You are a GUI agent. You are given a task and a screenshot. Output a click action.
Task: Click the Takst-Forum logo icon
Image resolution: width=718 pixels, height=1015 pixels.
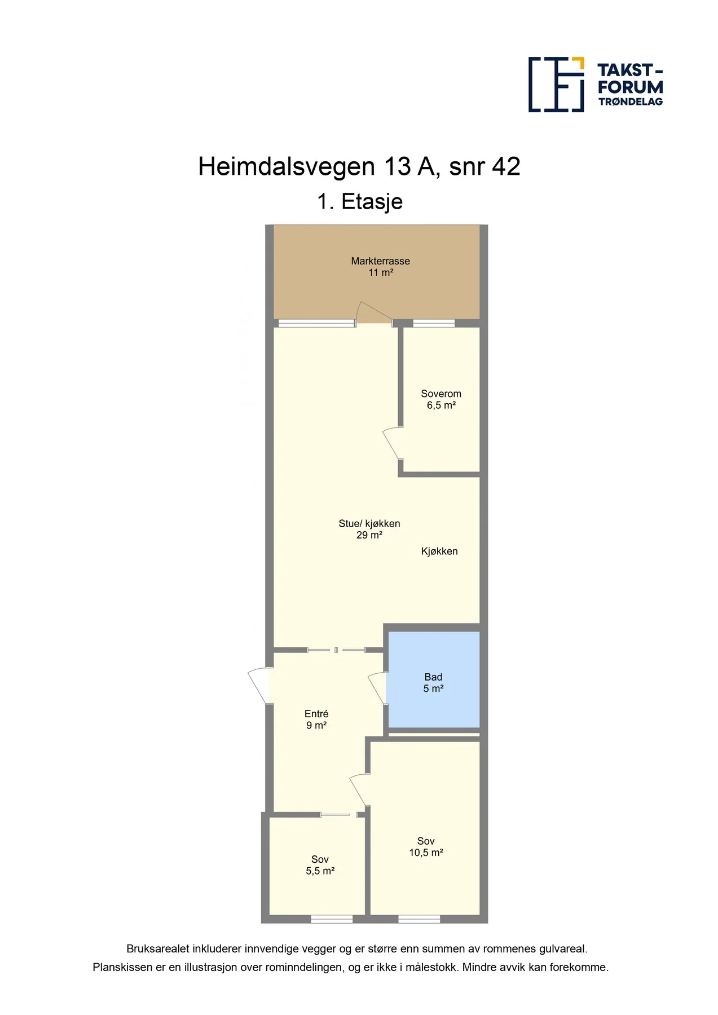[556, 84]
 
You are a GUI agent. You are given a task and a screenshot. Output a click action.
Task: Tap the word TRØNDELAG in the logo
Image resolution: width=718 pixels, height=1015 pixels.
[631, 101]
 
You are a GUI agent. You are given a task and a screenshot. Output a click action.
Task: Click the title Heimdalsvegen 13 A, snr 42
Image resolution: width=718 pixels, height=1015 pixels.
[359, 167]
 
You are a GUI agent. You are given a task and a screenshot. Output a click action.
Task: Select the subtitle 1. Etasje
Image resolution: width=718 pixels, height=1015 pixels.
[360, 202]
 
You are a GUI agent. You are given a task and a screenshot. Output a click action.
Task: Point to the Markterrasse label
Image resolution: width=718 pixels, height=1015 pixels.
[381, 261]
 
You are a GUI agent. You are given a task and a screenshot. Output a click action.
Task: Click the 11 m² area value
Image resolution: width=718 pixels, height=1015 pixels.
[381, 272]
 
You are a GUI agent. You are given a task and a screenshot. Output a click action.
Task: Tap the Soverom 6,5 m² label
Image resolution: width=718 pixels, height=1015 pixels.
[441, 399]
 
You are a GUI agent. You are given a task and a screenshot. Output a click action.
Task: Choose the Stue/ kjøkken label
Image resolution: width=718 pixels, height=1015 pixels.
[369, 524]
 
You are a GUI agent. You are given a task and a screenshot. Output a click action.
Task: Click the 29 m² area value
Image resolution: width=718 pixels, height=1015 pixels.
[369, 535]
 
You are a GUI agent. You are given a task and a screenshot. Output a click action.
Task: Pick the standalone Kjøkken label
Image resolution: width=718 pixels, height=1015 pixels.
[439, 551]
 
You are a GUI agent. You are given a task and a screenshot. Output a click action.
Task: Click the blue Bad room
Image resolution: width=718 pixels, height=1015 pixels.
[433, 679]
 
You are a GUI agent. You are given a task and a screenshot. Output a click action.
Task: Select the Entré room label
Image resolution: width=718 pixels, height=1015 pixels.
[316, 714]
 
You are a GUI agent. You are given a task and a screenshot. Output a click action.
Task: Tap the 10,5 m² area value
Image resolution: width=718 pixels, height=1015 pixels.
[426, 853]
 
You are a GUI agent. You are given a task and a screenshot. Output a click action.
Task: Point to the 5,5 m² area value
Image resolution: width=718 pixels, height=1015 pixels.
[320, 871]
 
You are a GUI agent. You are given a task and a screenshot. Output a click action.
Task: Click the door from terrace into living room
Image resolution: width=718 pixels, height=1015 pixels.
[374, 314]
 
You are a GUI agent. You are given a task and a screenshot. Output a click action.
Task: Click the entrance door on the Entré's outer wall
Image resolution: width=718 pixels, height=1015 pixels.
[260, 686]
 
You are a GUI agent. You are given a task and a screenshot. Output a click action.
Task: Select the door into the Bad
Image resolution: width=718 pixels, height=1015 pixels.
[377, 688]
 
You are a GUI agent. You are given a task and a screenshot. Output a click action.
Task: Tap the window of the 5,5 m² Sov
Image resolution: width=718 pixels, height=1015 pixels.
[332, 919]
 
